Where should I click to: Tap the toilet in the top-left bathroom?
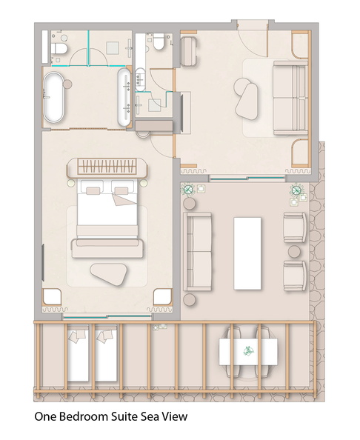[59, 48]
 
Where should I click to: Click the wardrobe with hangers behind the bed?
[107, 167]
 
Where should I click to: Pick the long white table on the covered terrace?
[247, 253]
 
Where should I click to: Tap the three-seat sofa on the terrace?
[197, 251]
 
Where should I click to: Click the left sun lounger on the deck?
[78, 353]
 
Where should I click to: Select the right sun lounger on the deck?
[106, 353]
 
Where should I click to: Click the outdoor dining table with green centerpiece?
[248, 351]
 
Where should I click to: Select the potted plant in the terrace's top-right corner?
[296, 190]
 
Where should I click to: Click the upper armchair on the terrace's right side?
[295, 227]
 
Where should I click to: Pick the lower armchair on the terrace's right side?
[295, 276]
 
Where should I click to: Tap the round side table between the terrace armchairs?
[294, 252]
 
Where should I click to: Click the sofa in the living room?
[290, 98]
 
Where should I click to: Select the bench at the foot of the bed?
[107, 248]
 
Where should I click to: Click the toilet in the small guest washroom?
[159, 41]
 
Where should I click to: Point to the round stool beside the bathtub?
[67, 84]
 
